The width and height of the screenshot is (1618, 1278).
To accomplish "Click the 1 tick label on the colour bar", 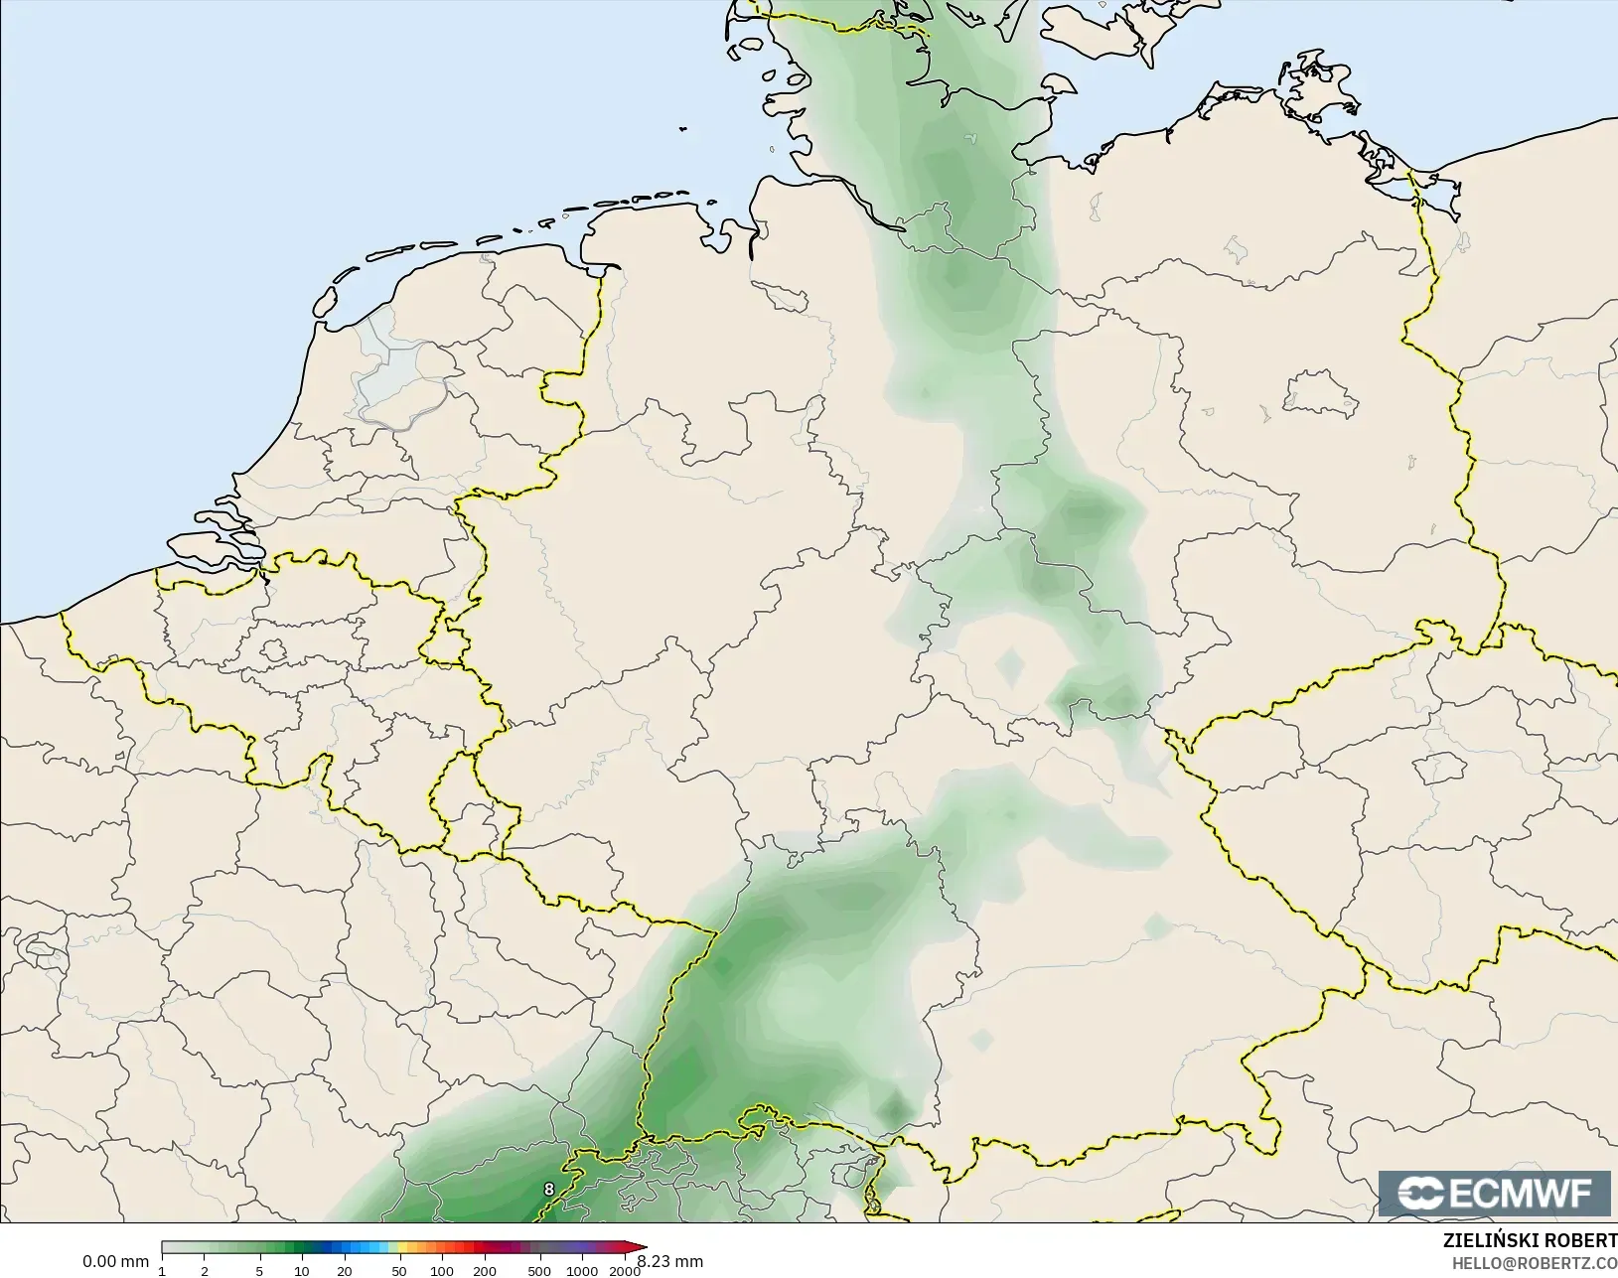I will (x=162, y=1271).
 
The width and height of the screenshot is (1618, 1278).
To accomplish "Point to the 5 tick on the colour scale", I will (x=259, y=1271).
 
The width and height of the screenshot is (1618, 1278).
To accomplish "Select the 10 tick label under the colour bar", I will (x=301, y=1271).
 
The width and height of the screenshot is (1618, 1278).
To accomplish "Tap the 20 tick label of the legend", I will (x=344, y=1271).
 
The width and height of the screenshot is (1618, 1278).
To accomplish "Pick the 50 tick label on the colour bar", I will (x=399, y=1271).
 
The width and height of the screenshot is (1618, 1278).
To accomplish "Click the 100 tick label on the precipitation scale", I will (x=442, y=1271).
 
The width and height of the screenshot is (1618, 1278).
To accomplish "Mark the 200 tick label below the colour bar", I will (x=485, y=1271).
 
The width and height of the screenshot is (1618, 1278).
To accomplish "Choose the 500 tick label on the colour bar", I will (x=539, y=1271).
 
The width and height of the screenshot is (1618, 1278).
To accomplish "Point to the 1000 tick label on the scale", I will (x=582, y=1271).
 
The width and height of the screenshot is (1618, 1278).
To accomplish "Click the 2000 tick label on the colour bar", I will (x=624, y=1271).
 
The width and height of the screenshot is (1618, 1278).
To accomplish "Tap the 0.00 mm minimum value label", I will (x=115, y=1262).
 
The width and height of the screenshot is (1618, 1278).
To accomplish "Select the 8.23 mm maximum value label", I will (x=670, y=1262).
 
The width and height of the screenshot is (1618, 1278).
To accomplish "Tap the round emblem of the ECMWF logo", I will (x=1420, y=1194).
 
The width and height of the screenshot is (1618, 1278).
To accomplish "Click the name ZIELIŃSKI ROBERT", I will (x=1530, y=1241).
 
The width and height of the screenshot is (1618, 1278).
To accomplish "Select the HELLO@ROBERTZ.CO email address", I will (x=1535, y=1263).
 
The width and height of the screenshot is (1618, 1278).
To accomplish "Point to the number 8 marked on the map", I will (x=549, y=1189).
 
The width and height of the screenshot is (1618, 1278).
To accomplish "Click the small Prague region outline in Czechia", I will (x=1447, y=766).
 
